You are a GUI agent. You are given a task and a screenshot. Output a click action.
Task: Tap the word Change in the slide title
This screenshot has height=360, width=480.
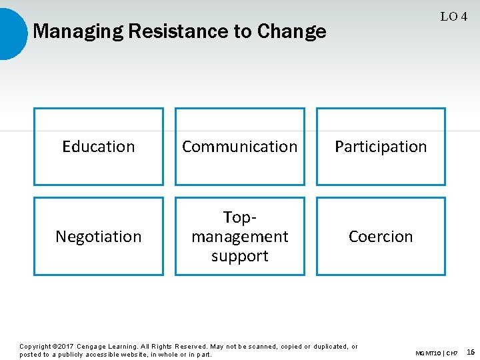pos(291,31)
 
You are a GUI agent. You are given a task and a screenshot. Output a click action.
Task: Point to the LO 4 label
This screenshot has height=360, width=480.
pos(453,17)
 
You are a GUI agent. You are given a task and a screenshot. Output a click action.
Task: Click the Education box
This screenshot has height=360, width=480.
pos(99,147)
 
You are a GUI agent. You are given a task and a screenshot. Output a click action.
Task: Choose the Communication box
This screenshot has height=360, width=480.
pos(240,147)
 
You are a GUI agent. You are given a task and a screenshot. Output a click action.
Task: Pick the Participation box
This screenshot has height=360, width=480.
pos(381,147)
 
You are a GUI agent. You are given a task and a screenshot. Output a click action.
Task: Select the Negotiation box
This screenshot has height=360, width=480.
pos(99,236)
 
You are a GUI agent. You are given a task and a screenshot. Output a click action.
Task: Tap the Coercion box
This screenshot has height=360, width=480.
pos(381,236)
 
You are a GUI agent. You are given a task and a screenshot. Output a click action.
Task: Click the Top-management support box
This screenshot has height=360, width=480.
pos(240,236)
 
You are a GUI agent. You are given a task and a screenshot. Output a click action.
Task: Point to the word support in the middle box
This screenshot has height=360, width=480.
pos(240,256)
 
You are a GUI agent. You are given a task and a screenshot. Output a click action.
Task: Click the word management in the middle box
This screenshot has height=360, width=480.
pos(240,237)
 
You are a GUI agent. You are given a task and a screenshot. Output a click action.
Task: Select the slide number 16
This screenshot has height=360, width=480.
pos(471,351)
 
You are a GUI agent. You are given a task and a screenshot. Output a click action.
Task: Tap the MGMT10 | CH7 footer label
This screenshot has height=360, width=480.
pos(436,352)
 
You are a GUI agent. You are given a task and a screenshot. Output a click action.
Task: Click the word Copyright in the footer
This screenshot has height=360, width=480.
pos(35,347)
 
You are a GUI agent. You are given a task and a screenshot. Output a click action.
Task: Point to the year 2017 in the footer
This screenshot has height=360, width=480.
pos(65,347)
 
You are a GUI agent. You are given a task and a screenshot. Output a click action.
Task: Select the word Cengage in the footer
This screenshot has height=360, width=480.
pos(93,347)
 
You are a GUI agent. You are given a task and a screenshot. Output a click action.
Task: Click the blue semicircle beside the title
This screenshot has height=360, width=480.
pos(12,32)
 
